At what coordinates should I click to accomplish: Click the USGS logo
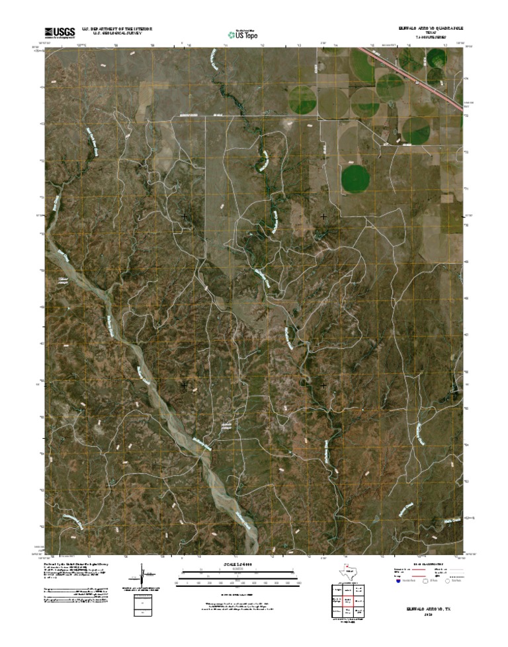(x=59, y=31)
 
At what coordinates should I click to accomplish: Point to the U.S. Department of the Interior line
(x=117, y=28)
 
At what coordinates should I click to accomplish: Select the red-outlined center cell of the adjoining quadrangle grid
(x=347, y=601)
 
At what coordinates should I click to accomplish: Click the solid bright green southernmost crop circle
(x=355, y=178)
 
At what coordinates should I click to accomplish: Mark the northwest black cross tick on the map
(x=183, y=216)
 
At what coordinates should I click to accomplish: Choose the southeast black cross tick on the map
(x=323, y=385)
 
